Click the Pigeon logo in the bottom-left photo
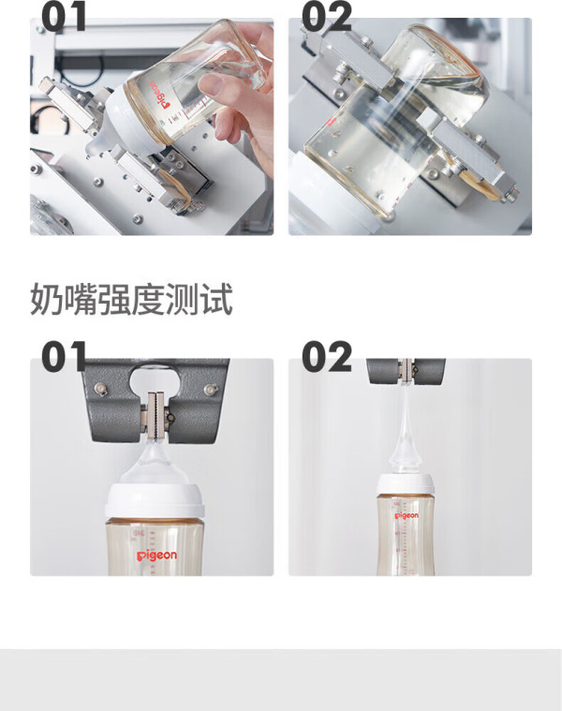pyautogui.click(x=156, y=555)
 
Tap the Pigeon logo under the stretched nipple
pyautogui.click(x=407, y=516)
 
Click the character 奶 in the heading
pyautogui.click(x=46, y=299)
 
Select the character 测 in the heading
pyautogui.click(x=182, y=299)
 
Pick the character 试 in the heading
pyautogui.click(x=216, y=299)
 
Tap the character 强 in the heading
pyautogui.click(x=114, y=299)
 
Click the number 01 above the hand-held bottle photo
pyautogui.click(x=64, y=17)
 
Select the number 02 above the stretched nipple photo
pyautogui.click(x=326, y=357)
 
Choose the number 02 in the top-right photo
pyautogui.click(x=326, y=17)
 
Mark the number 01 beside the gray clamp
pyautogui.click(x=64, y=357)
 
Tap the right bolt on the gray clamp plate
pyautogui.click(x=210, y=389)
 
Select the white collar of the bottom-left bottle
pyautogui.click(x=155, y=501)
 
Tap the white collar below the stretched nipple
pyautogui.click(x=407, y=485)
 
